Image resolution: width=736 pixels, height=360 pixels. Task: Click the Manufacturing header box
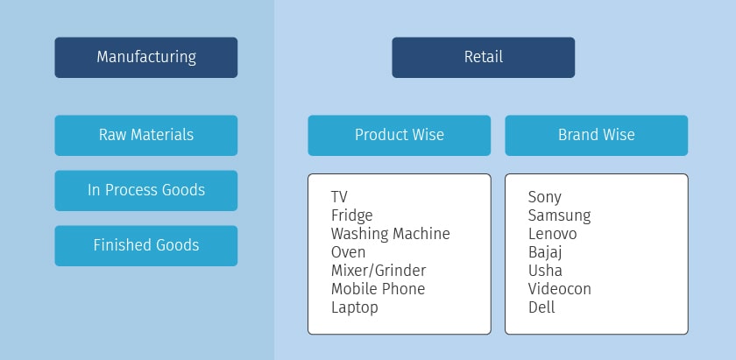coord(145,58)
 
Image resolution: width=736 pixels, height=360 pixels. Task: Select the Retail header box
coord(483,58)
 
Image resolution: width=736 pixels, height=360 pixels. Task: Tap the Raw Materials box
coord(145,135)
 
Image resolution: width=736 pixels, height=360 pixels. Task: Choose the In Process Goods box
coord(145,190)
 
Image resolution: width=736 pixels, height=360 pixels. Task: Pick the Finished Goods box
coord(145,245)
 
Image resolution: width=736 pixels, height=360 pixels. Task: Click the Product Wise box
coord(399,135)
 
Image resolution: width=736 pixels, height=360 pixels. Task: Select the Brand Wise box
coord(596,135)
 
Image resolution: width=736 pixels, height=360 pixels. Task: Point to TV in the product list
coord(340,197)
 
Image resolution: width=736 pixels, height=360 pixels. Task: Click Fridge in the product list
coord(351,215)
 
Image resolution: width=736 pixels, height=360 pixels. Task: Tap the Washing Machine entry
coord(390,234)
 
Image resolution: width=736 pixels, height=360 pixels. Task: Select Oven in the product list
coord(348,252)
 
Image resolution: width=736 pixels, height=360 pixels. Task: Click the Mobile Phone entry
coord(378,289)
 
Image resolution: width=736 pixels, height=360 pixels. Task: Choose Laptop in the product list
coord(354,307)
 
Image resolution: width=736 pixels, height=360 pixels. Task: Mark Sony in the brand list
coord(544,197)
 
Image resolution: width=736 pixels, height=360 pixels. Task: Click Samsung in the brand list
coord(559,215)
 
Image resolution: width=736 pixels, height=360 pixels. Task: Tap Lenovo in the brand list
coord(552,234)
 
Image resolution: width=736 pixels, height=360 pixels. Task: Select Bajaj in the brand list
coord(545,252)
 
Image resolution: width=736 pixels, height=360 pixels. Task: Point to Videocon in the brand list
coord(559,289)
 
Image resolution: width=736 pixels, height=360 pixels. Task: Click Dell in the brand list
coord(541,307)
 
